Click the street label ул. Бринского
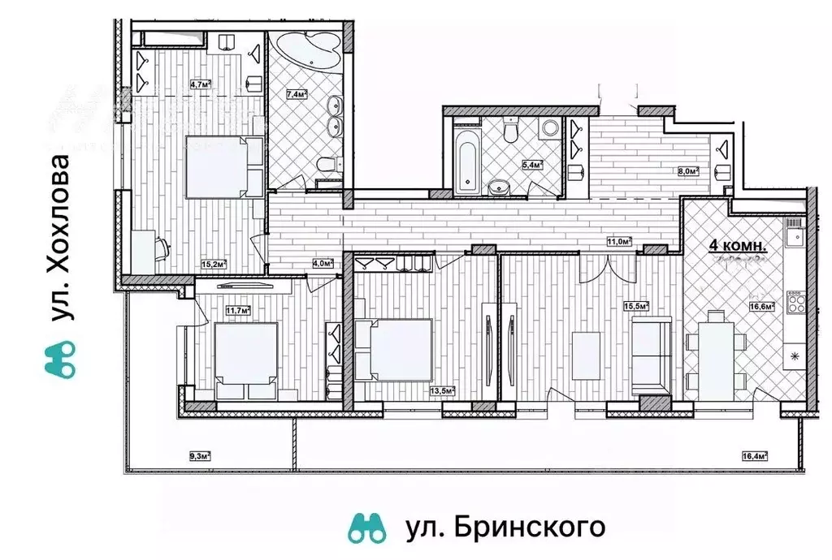click(x=505, y=528)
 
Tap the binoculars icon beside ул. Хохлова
click(x=61, y=358)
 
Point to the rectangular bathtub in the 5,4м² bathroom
click(x=466, y=159)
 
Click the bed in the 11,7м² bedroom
click(x=245, y=355)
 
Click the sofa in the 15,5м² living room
click(x=650, y=354)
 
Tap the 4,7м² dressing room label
click(x=200, y=83)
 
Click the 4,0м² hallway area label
click(x=323, y=262)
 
